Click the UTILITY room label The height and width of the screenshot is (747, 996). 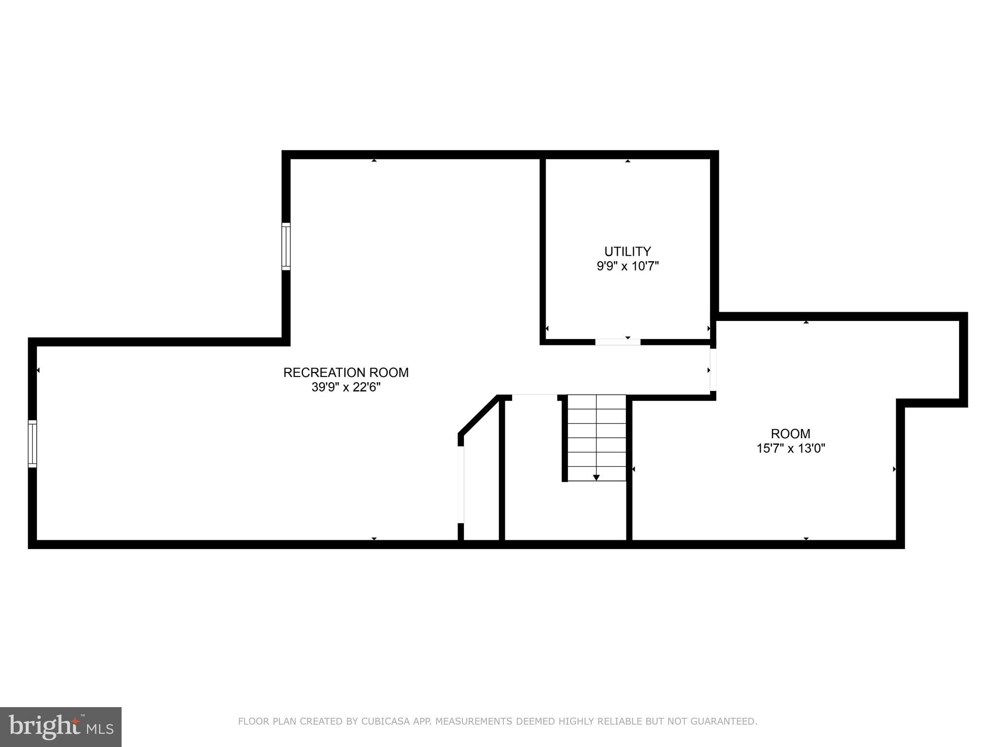[x=627, y=251]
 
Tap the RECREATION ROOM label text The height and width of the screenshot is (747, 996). [x=346, y=373]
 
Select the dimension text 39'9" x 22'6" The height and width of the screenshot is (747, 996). [x=346, y=388]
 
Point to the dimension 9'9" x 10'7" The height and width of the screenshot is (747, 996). [x=627, y=267]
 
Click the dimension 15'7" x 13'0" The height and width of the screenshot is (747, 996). [x=791, y=448]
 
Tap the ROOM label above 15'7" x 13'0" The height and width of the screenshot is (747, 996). [x=791, y=433]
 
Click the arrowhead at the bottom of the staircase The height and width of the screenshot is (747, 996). [x=596, y=478]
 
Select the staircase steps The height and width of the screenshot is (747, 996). [x=596, y=438]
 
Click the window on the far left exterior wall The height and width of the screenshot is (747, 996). [x=33, y=444]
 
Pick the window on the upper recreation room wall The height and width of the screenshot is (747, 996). [x=286, y=246]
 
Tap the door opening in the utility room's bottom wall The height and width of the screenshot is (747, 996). [x=618, y=342]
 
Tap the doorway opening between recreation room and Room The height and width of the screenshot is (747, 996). [x=713, y=370]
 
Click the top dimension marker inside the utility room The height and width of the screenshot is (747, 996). [x=627, y=161]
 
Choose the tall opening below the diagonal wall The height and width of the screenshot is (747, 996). [x=461, y=484]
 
